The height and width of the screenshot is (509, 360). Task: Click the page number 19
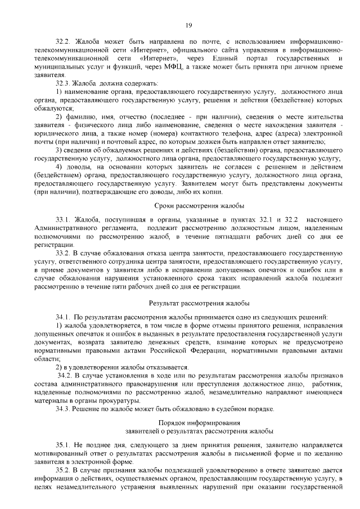tap(189, 24)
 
